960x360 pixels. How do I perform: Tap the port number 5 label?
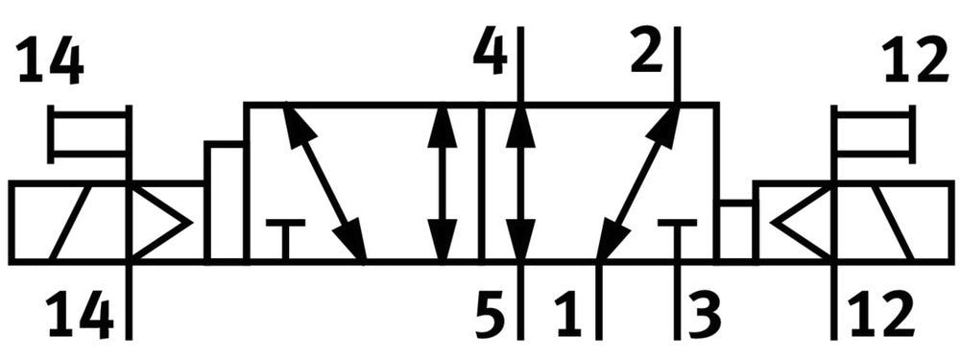491,315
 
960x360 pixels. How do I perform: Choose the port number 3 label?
704,315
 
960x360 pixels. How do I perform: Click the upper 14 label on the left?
50,61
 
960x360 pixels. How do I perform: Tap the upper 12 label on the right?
916,61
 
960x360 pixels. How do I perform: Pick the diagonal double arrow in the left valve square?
324,182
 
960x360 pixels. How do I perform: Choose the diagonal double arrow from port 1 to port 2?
638,182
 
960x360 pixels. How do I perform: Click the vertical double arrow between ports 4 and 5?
520,182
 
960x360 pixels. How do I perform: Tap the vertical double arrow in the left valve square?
443,182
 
